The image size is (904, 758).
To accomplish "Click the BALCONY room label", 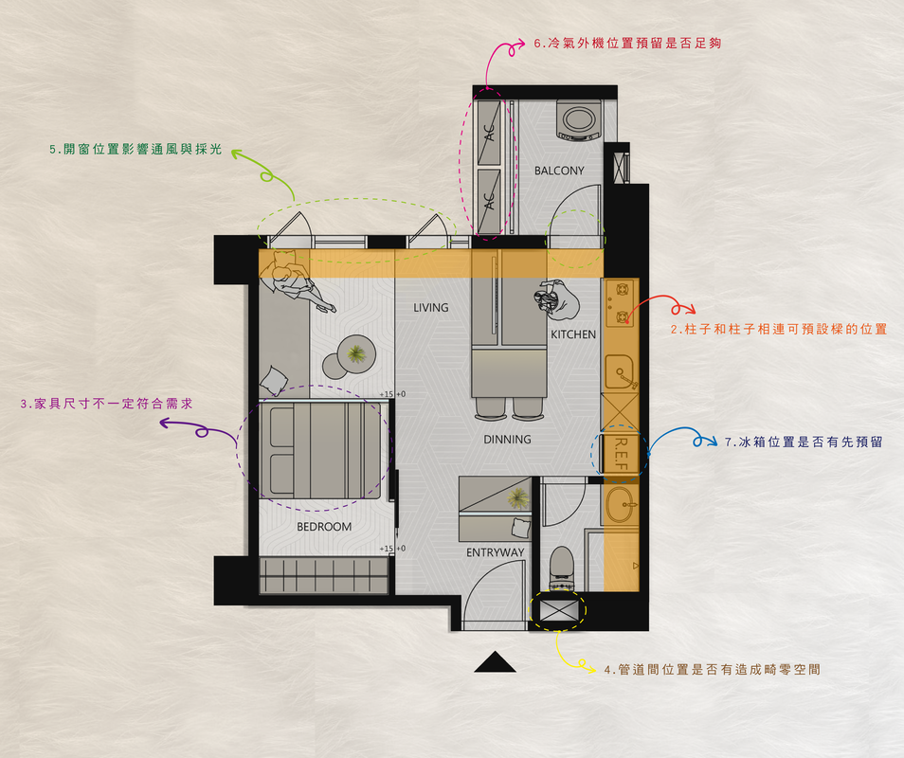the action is pos(559,171).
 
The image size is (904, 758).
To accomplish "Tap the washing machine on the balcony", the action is pos(579,120).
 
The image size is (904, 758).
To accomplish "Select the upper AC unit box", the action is pos(490,133).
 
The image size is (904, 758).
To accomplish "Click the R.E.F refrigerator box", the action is pos(620,454).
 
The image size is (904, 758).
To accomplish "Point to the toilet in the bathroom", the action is pos(562,568).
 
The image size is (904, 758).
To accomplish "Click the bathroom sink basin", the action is pos(621,504).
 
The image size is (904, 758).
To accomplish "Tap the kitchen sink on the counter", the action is pos(621,371).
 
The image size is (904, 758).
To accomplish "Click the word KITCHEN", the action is pos(573,334).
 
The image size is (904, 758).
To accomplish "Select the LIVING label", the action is pos(430,308).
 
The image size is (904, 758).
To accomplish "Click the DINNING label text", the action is pos(507,440).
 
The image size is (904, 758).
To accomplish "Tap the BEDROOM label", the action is pos(324,527).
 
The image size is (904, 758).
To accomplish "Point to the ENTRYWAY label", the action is pos(496,552).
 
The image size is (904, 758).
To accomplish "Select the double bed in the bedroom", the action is pos(320,450).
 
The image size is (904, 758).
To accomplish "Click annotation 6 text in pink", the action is pos(627,44).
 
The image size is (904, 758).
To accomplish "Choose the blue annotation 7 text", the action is pos(804,442).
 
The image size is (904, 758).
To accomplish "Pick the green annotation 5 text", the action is pos(136,150).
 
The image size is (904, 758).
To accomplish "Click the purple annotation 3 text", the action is pos(107,404).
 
